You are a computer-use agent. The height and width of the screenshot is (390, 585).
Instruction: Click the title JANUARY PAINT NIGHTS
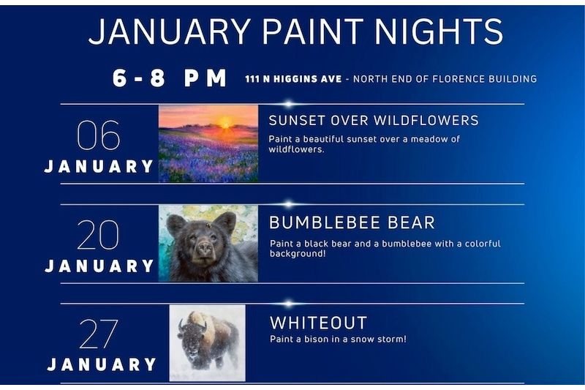click(296, 33)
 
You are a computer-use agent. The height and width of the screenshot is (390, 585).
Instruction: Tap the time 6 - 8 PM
click(170, 78)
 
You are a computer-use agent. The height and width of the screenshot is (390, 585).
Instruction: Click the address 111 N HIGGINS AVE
click(293, 79)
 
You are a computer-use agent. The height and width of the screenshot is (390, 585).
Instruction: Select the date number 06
click(98, 135)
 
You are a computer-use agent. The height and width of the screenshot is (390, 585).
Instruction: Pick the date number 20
click(98, 235)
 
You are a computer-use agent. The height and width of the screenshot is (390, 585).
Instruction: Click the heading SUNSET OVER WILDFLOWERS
click(374, 120)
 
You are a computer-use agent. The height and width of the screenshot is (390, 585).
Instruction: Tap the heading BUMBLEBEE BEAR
click(352, 222)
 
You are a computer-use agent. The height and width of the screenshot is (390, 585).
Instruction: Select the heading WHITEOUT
click(318, 323)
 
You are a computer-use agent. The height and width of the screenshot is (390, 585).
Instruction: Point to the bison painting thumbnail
click(207, 342)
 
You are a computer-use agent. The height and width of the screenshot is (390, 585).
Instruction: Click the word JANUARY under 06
click(99, 167)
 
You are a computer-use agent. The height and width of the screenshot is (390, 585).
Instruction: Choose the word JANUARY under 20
click(99, 266)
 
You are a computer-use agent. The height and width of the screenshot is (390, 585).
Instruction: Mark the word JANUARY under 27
click(102, 364)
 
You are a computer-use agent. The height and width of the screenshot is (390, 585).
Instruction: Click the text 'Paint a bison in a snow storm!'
click(338, 339)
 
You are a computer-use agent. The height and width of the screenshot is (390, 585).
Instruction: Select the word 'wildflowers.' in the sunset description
click(296, 149)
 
